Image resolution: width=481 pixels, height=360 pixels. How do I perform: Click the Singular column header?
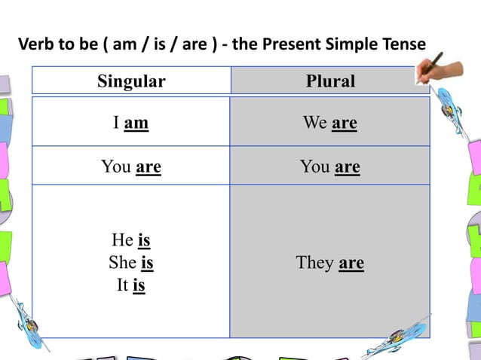(131, 81)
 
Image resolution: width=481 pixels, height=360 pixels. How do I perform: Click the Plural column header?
(330, 81)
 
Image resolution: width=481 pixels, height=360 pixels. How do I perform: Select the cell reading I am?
(131, 122)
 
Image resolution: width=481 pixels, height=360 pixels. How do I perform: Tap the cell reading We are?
(330, 122)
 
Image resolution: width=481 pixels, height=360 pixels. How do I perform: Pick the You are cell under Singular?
(131, 166)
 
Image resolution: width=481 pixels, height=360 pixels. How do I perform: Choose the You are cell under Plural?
(330, 166)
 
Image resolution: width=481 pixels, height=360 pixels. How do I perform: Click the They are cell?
(330, 262)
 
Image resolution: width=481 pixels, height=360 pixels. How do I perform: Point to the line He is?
(131, 239)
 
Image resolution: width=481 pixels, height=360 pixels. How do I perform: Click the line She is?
(131, 262)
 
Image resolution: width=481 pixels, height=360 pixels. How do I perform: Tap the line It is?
(131, 285)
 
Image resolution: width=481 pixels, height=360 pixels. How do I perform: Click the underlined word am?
(136, 122)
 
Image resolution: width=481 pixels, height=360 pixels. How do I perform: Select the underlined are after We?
(344, 122)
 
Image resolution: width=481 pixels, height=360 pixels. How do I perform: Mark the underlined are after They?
(351, 262)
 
